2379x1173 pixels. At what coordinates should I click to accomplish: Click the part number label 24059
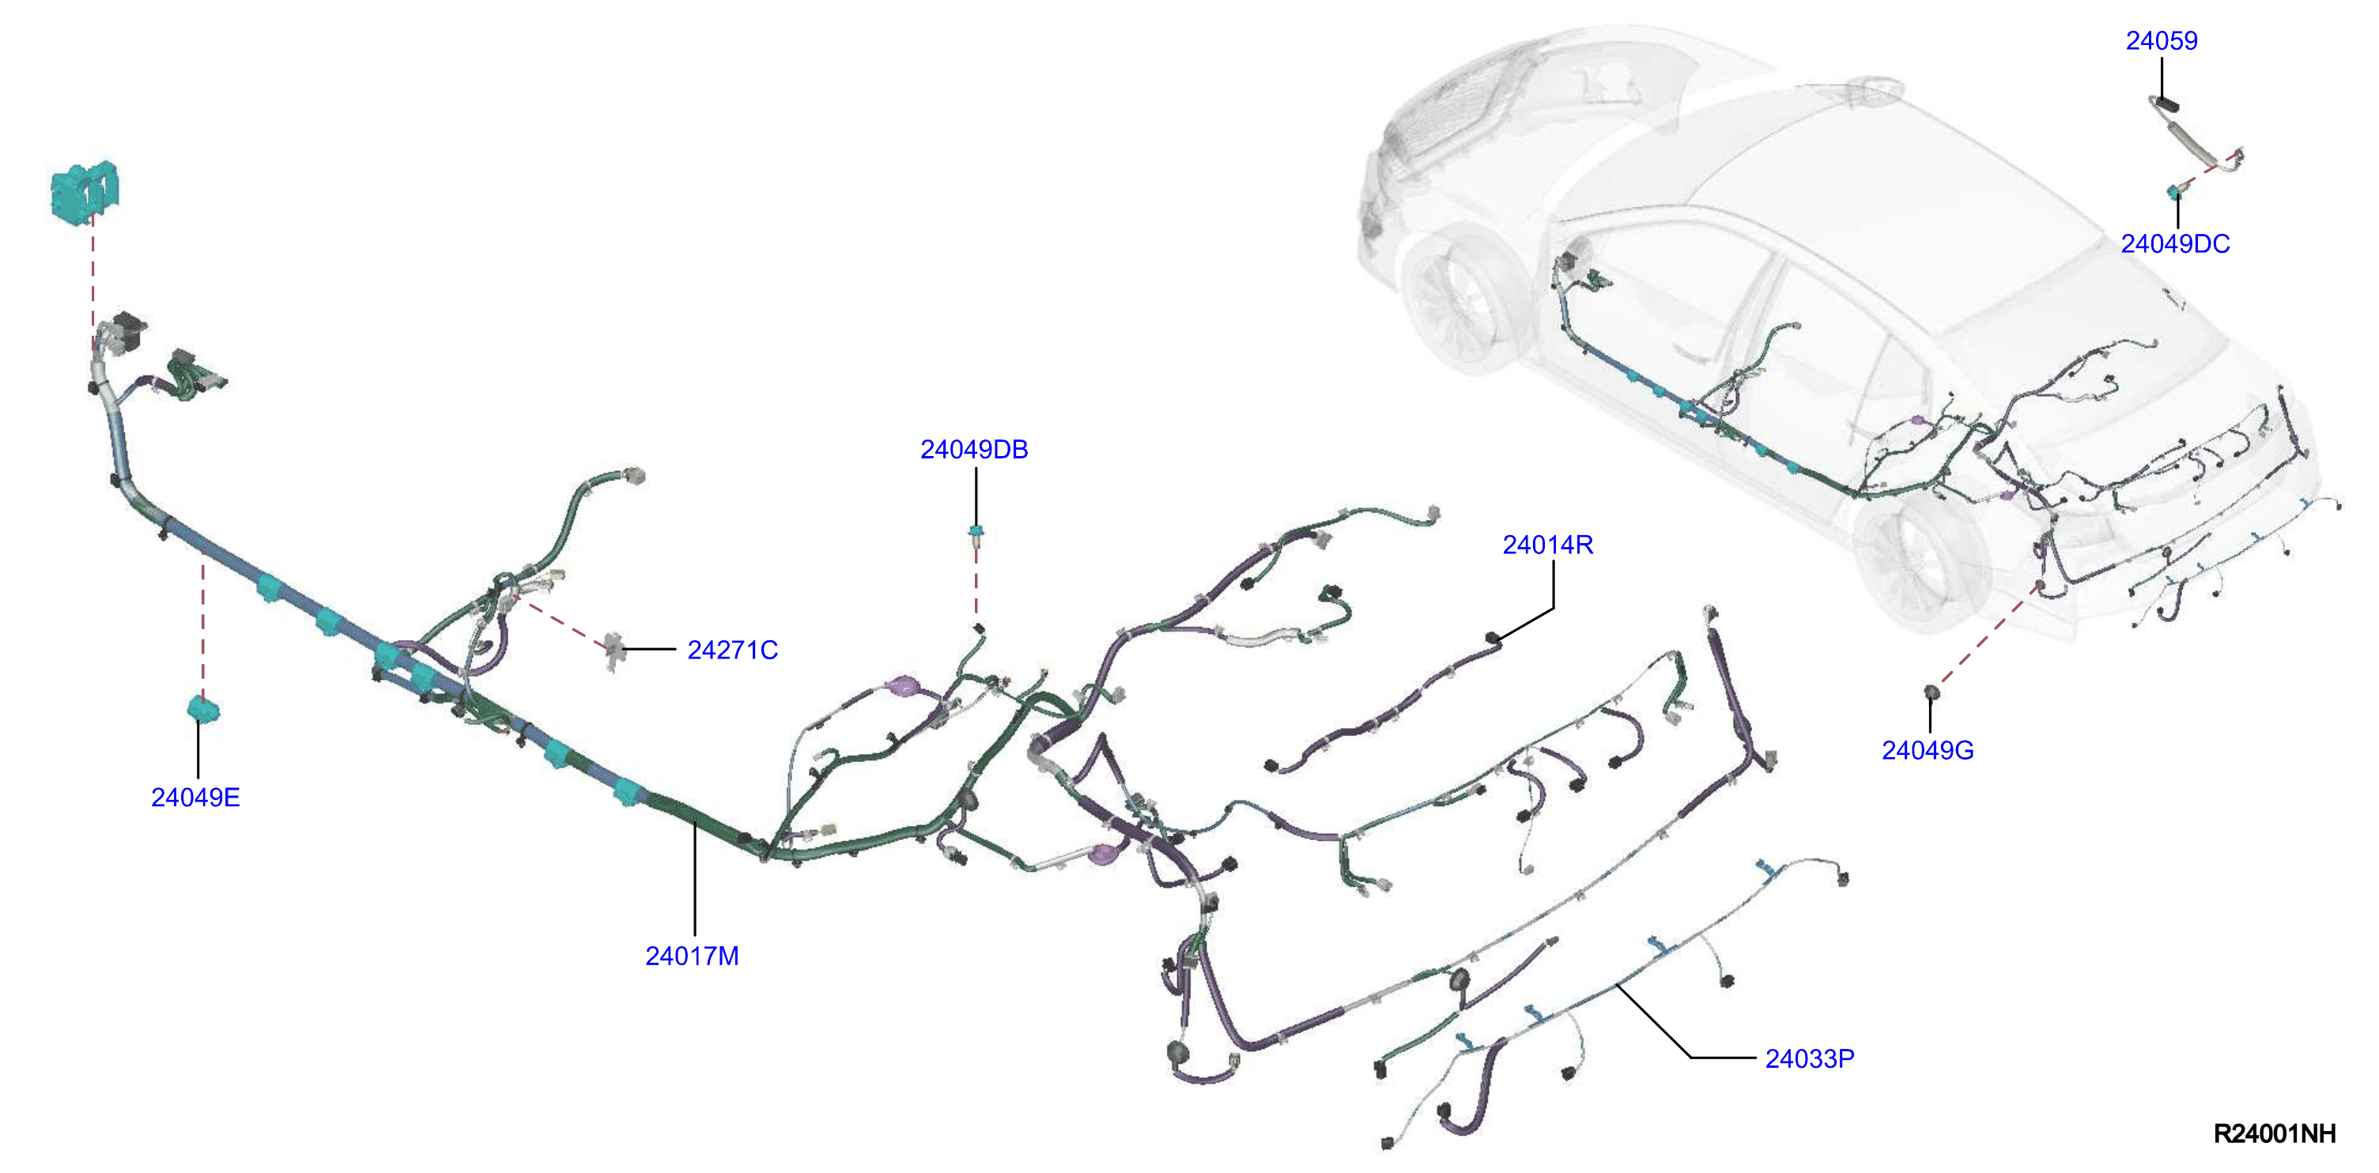pos(2161,40)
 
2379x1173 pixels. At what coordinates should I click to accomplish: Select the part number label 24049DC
pos(2175,243)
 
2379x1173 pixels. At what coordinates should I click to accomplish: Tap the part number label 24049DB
pos(973,450)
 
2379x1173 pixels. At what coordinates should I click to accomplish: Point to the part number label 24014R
pos(1548,545)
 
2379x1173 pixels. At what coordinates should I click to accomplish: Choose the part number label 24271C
pos(732,651)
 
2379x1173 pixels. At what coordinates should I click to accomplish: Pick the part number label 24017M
pos(692,956)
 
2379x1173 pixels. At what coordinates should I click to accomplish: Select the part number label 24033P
pos(1809,1058)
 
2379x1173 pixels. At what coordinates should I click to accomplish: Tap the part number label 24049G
pos(1928,750)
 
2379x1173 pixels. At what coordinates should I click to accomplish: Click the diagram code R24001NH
pos(2275,1133)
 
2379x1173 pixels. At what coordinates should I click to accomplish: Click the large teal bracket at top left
pos(84,192)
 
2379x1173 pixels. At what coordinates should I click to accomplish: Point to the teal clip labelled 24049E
pos(203,709)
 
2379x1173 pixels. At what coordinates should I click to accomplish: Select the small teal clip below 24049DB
pos(976,533)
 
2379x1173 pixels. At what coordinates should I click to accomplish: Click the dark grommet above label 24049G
pos(1930,692)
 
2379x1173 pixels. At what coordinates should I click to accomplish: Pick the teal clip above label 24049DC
pos(2175,192)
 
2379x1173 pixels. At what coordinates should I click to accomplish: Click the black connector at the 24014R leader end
pos(1490,637)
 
